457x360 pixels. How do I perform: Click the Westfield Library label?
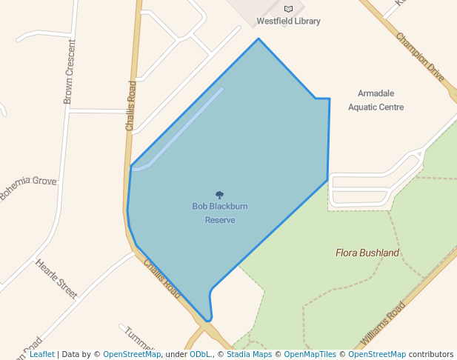(x=288, y=21)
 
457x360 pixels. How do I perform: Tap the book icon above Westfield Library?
(x=288, y=9)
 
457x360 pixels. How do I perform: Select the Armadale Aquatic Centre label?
(x=376, y=100)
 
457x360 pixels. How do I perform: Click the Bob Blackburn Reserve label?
(x=219, y=213)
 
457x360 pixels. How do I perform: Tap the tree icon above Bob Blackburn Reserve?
(x=219, y=195)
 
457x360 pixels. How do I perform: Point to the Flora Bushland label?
(x=367, y=253)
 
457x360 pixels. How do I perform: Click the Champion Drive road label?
(x=420, y=57)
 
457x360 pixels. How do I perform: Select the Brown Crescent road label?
(x=69, y=71)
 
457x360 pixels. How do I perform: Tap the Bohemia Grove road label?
(x=27, y=188)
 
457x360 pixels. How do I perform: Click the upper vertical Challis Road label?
(x=131, y=105)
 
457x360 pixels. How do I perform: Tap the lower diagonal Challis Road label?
(x=161, y=278)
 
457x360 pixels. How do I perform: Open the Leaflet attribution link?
(x=41, y=354)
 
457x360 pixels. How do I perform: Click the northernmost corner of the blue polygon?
(x=258, y=39)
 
